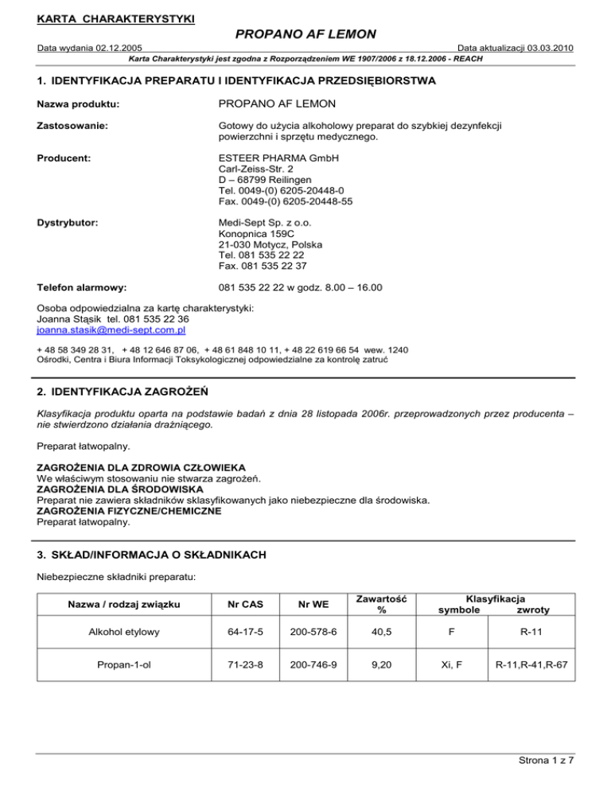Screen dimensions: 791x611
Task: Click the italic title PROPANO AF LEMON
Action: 305,34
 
